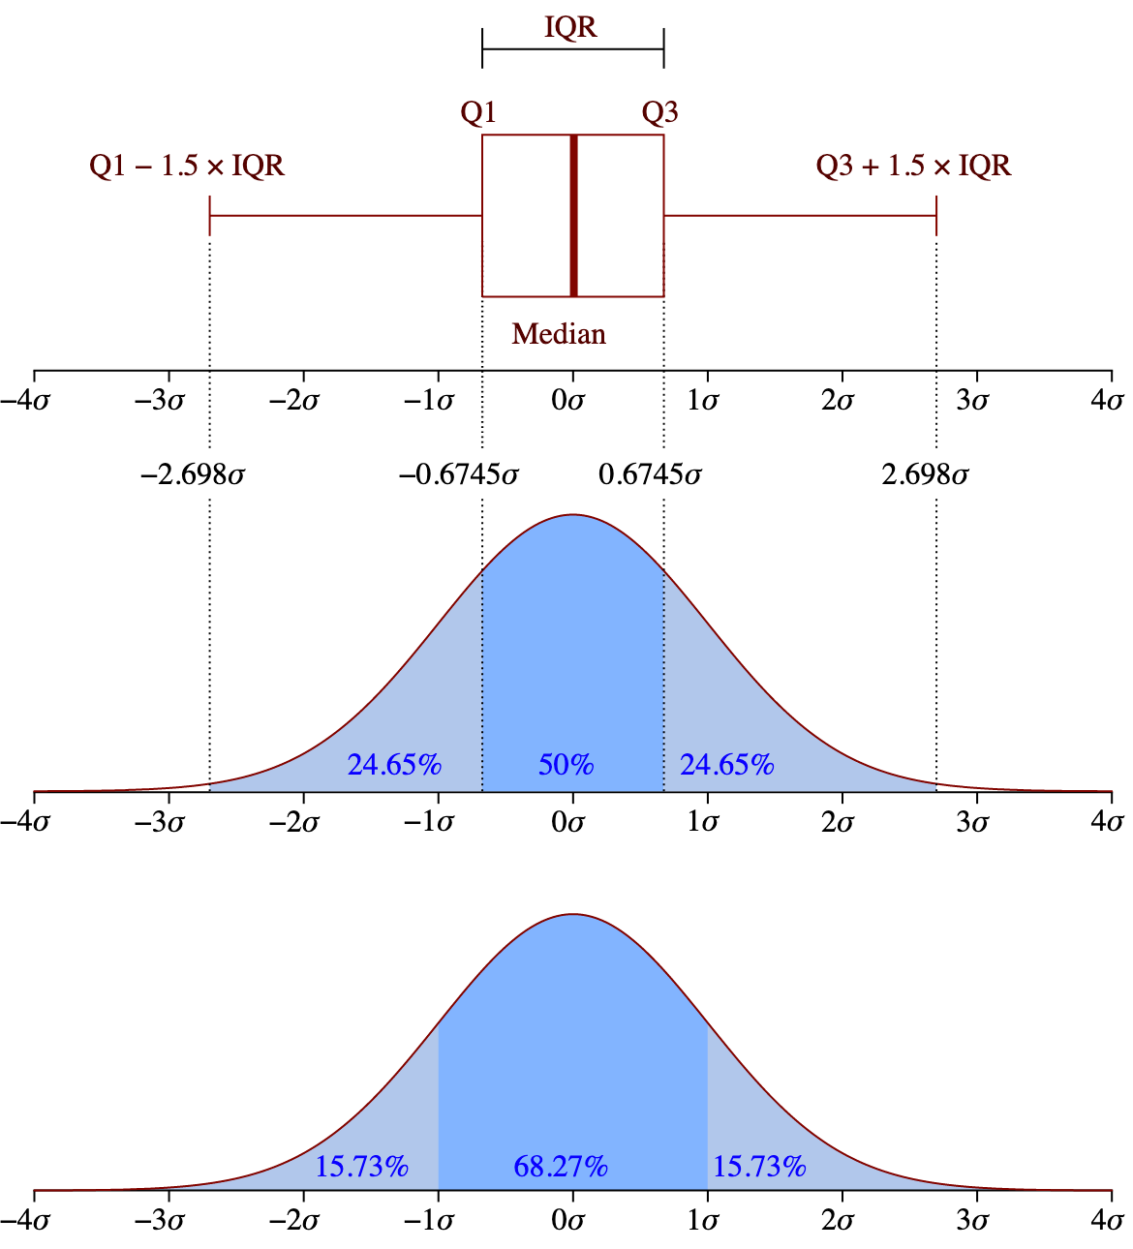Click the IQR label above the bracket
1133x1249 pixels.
pos(570,27)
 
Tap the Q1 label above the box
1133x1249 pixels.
pos(478,113)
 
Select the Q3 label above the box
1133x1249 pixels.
pos(660,113)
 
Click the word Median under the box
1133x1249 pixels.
pos(559,334)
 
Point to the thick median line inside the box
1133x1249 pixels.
pos(573,215)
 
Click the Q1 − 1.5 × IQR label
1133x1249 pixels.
pos(187,166)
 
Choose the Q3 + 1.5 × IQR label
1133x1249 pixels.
pos(913,166)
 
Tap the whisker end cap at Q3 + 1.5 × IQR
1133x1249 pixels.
pos(936,215)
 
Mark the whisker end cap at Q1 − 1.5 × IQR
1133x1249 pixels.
pos(210,215)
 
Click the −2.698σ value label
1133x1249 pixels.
pos(193,475)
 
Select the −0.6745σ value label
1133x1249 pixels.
pos(458,475)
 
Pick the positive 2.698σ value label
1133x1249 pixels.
pos(925,475)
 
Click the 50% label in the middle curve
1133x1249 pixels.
pos(566,765)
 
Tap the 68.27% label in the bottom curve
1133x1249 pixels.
pos(561,1167)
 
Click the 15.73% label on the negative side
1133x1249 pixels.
pos(361,1167)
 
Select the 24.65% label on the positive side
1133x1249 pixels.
pos(726,765)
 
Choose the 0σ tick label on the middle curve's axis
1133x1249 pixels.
pos(568,823)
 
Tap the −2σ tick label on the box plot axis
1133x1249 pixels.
pos(294,401)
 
